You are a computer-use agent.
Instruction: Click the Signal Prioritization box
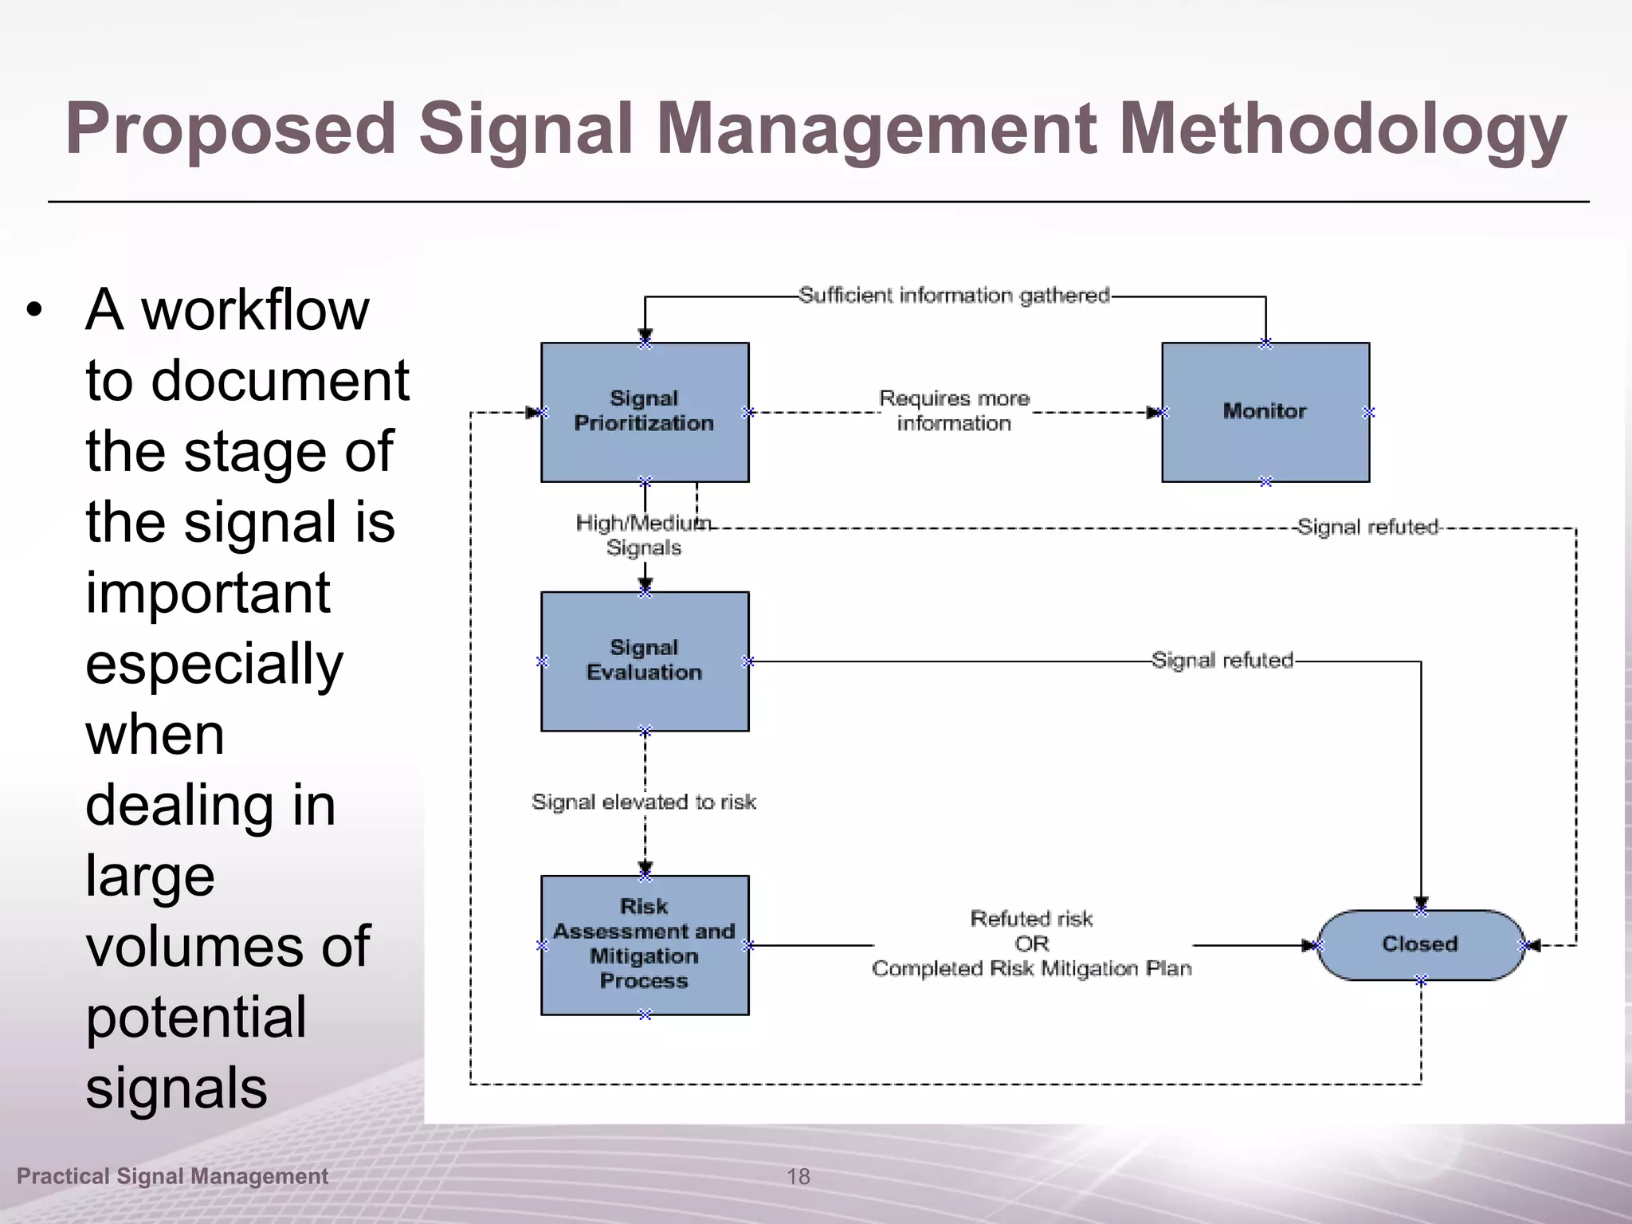tap(645, 412)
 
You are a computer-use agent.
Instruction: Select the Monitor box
tap(1265, 412)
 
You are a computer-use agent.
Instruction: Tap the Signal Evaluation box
tap(645, 661)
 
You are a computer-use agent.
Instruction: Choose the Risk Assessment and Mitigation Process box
tap(645, 944)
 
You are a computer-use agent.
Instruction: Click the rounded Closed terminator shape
tap(1420, 944)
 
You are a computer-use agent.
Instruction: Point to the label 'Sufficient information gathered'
tap(954, 296)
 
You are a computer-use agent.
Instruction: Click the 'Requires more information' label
tap(954, 410)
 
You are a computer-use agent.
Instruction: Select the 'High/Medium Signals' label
tap(643, 535)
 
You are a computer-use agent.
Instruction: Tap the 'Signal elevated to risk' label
tap(643, 802)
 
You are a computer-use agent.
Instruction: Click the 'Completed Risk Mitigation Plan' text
tap(1032, 969)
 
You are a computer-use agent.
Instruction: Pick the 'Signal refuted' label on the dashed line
tap(1367, 527)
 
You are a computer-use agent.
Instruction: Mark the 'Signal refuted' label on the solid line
tap(1222, 660)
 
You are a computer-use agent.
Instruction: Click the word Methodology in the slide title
tap(1343, 129)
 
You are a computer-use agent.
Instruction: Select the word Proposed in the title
tap(231, 129)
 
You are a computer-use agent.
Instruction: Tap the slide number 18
tap(798, 1176)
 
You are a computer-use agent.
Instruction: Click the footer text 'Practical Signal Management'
tap(172, 1176)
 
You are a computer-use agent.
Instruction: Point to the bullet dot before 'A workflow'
tap(33, 310)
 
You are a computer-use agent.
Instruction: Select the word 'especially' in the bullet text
tap(214, 664)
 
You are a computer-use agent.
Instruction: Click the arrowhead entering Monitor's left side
tap(1153, 413)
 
